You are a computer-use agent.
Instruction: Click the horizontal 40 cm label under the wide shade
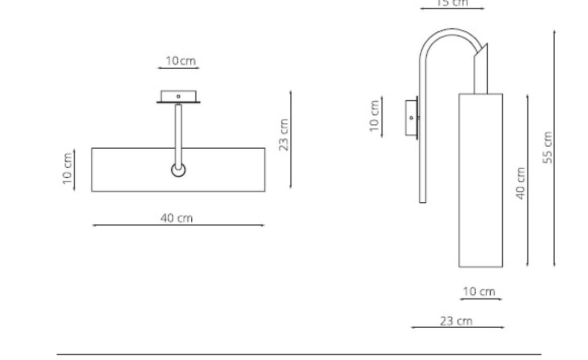(177, 218)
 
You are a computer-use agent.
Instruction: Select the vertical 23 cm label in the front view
(284, 135)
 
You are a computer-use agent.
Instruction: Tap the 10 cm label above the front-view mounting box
(180, 61)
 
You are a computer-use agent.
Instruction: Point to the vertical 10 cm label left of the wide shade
(67, 169)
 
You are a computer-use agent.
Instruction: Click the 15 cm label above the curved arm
(452, 3)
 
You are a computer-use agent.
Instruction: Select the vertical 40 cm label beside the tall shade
(521, 183)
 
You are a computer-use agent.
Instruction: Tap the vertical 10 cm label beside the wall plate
(375, 115)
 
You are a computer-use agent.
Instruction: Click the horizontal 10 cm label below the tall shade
(479, 292)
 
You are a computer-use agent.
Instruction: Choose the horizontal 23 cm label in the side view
(456, 321)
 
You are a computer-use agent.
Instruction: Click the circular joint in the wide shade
(179, 170)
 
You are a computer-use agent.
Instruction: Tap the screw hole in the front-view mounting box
(179, 96)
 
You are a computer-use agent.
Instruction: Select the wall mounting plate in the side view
(411, 118)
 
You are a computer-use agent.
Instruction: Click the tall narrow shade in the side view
(480, 180)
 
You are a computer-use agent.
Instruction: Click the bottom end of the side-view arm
(422, 200)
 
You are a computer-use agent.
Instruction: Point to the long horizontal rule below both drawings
(299, 354)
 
